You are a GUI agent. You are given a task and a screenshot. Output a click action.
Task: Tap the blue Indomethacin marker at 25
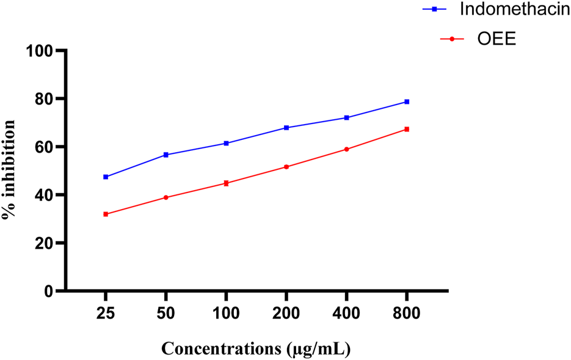106,177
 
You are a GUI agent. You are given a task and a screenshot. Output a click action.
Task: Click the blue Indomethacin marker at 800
406,101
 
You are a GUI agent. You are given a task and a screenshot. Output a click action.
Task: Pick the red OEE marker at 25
106,214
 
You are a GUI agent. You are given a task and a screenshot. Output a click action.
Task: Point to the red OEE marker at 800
406,129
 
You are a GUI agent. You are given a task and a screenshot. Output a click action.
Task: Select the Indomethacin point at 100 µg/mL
226,143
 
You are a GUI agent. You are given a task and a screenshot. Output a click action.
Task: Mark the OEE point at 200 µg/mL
286,167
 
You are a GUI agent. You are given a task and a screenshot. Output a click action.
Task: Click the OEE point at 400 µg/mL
346,149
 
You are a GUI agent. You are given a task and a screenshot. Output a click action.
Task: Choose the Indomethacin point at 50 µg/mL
165,155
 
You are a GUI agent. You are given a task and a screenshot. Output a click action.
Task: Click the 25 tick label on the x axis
106,314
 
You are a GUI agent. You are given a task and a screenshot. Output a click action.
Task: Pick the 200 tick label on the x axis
286,314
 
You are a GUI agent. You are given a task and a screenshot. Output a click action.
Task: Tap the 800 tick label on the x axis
406,314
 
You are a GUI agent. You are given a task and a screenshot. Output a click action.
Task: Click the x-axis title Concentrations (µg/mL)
256,349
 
